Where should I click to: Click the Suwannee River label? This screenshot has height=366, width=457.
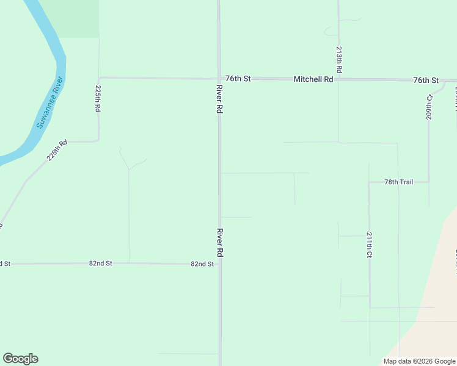tap(49, 102)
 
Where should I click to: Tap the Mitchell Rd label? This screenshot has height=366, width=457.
tap(313, 79)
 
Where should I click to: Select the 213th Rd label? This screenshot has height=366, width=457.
tap(338, 60)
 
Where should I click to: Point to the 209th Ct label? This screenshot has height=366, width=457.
tap(430, 106)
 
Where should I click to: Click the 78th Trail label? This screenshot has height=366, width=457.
tap(399, 182)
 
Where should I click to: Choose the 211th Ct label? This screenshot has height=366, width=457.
tap(370, 245)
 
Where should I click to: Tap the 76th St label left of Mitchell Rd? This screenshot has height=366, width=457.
tap(238, 79)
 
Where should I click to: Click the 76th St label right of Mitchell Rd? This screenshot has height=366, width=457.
tap(426, 80)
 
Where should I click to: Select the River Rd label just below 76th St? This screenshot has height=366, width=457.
tap(219, 99)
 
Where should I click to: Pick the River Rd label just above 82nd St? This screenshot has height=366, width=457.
tap(219, 242)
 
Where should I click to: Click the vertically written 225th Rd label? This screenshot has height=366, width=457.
tap(98, 98)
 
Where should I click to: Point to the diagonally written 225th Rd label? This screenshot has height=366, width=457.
tap(57, 150)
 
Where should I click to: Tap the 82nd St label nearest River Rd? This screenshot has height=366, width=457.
tap(202, 264)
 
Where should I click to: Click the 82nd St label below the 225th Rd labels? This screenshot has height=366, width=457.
tap(100, 264)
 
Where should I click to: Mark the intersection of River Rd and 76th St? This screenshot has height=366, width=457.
tap(219, 79)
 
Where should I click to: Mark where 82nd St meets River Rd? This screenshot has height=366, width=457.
tap(219, 264)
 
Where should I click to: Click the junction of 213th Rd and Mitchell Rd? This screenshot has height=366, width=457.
tap(338, 79)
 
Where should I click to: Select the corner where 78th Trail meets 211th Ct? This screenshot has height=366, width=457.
tap(369, 182)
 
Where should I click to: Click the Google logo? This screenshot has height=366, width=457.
tap(20, 359)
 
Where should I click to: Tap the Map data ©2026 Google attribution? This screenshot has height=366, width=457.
tap(419, 361)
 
